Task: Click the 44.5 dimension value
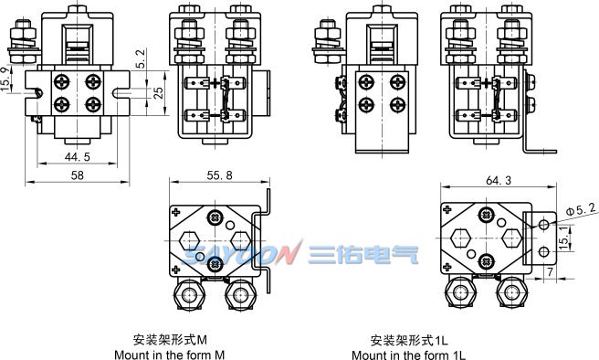point(78,156)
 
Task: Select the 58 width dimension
point(78,175)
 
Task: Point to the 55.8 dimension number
point(220,175)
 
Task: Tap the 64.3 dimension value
point(499,180)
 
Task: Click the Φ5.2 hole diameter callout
point(581,209)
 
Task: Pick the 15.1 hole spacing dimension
point(563,238)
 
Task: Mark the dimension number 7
point(550,272)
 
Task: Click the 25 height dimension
point(158,93)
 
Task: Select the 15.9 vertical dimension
point(5,79)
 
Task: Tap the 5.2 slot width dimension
point(141,58)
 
